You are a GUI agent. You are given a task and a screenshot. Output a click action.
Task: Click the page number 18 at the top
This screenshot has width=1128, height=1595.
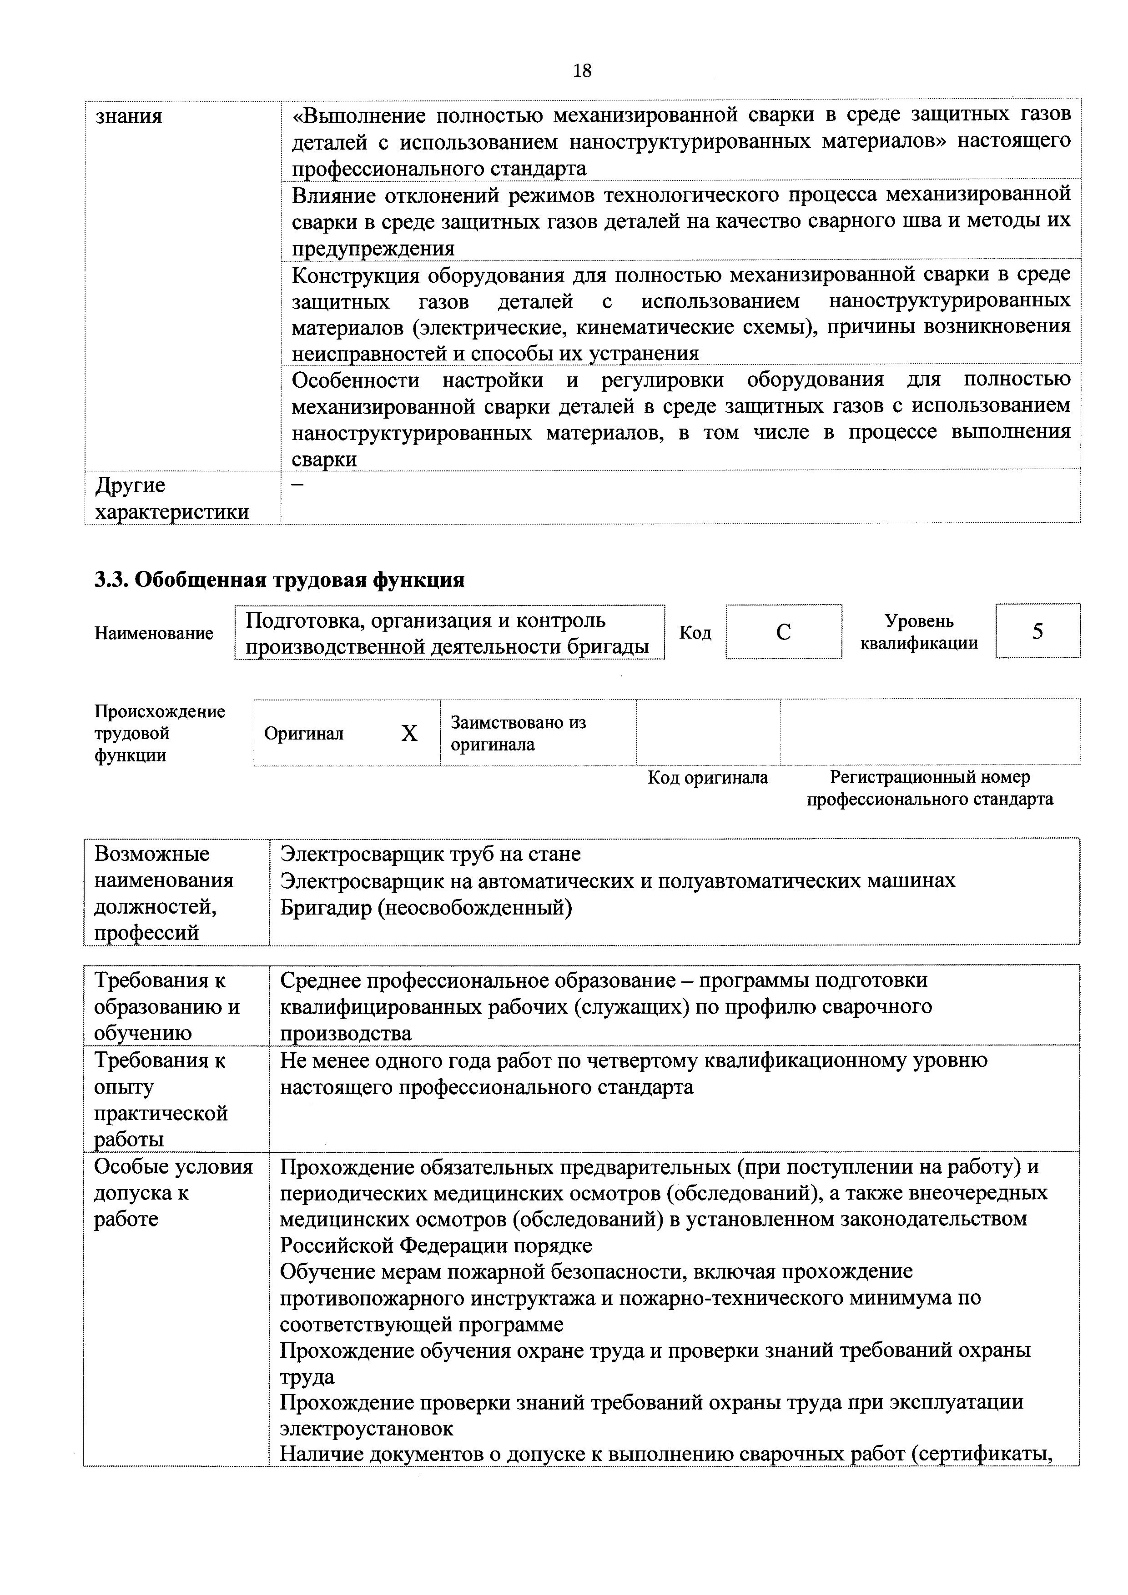pyautogui.click(x=582, y=71)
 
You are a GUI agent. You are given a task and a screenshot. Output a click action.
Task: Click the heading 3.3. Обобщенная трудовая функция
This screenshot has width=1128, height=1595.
pyautogui.click(x=279, y=580)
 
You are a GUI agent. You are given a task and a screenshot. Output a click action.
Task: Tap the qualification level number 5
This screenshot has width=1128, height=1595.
pyautogui.click(x=1037, y=631)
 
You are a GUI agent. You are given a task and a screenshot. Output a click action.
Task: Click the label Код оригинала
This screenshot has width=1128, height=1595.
pyautogui.click(x=708, y=777)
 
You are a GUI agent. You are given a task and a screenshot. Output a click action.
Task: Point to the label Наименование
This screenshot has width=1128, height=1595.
pyautogui.click(x=154, y=634)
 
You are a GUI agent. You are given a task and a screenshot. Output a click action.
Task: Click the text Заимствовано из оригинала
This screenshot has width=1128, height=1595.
pyautogui.click(x=519, y=734)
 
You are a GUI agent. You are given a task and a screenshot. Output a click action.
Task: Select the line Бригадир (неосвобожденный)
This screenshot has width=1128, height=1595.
pyautogui.click(x=426, y=907)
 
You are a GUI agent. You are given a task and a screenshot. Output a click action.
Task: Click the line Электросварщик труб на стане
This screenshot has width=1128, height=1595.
pyautogui.click(x=430, y=853)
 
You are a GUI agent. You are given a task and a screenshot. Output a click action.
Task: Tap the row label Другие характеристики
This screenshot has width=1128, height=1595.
pyautogui.click(x=171, y=499)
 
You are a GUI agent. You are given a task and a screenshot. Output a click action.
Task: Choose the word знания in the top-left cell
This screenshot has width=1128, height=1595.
pyautogui.click(x=129, y=116)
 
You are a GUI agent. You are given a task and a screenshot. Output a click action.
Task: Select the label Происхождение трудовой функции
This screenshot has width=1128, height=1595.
pyautogui.click(x=160, y=734)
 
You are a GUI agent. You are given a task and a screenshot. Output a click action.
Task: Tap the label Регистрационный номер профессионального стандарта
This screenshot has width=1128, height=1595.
pyautogui.click(x=930, y=788)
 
